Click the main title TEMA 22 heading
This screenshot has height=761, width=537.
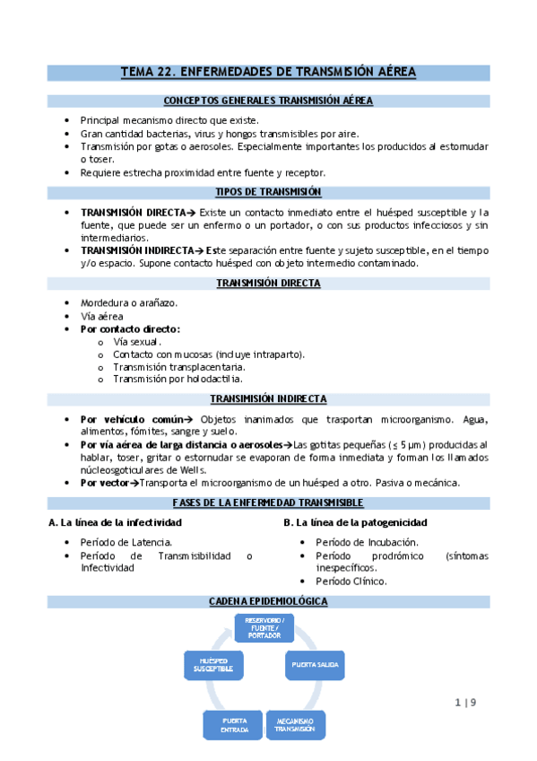tap(268, 73)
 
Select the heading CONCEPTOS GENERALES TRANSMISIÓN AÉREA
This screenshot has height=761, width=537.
tap(268, 101)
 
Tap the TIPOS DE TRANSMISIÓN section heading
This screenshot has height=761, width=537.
tap(268, 192)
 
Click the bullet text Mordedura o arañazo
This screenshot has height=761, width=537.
tap(128, 302)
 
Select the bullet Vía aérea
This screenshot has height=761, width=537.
tap(101, 316)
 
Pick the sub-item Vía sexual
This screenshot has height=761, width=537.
tap(137, 341)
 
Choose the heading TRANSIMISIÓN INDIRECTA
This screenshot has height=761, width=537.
tap(268, 398)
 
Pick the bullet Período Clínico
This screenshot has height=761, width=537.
tap(351, 581)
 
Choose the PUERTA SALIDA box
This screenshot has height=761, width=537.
tap(314, 665)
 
